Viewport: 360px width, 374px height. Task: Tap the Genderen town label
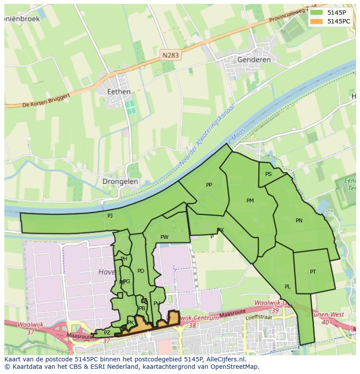(254, 60)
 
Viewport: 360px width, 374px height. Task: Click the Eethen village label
(119, 92)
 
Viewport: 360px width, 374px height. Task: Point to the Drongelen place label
(120, 182)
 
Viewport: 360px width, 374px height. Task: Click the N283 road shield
(170, 55)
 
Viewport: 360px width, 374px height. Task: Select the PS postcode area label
(268, 174)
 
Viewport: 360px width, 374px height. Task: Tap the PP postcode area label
(209, 185)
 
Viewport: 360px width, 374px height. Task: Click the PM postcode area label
(250, 201)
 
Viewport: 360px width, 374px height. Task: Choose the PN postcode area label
(299, 221)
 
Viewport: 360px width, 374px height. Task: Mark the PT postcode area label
(313, 272)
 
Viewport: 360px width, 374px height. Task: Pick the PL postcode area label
(287, 287)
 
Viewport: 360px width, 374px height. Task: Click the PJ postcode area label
(110, 215)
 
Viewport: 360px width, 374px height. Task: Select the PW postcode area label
(164, 237)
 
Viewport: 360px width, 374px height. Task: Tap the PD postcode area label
(140, 271)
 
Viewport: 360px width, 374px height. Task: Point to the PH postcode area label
(124, 259)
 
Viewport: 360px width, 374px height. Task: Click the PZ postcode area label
(107, 333)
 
